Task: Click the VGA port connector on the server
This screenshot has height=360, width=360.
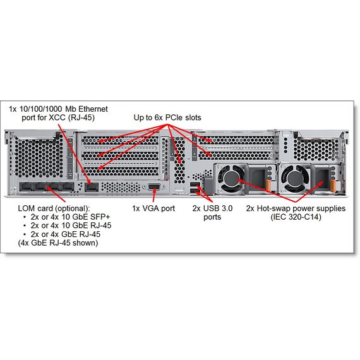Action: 154,187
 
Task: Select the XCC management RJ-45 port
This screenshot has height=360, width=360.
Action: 92,188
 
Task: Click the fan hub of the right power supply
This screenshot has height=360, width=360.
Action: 294,179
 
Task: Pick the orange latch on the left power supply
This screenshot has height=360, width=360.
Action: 268,185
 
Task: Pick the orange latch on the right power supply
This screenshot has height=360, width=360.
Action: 332,185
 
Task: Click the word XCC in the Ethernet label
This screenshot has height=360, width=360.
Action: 57,117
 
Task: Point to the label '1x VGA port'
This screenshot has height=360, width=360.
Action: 153,208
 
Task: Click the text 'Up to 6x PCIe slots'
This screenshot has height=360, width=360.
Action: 167,117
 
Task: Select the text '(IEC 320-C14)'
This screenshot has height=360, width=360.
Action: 296,217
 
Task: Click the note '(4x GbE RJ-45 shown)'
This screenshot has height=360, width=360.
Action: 58,243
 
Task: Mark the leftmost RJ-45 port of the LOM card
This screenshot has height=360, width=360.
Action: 27,187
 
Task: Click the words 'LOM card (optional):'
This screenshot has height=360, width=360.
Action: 54,208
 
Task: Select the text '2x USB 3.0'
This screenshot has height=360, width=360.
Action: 212,208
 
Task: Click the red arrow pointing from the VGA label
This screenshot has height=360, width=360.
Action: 154,195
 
